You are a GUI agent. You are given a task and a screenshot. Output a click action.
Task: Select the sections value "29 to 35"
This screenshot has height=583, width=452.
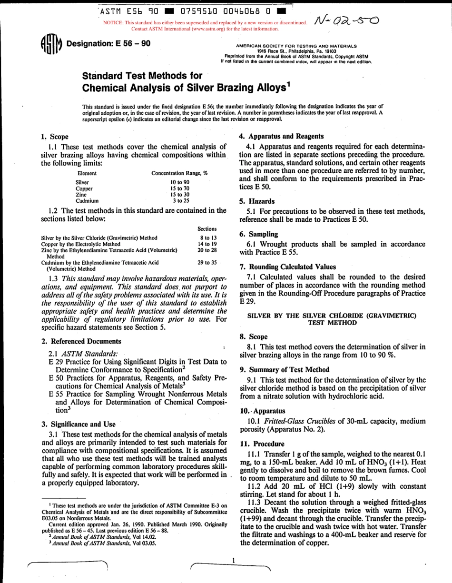(x=207, y=262)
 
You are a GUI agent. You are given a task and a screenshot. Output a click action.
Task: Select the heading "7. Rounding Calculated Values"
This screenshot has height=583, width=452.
(x=285, y=267)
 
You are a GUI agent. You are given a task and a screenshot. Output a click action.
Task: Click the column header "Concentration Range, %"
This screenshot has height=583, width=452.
(x=179, y=174)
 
